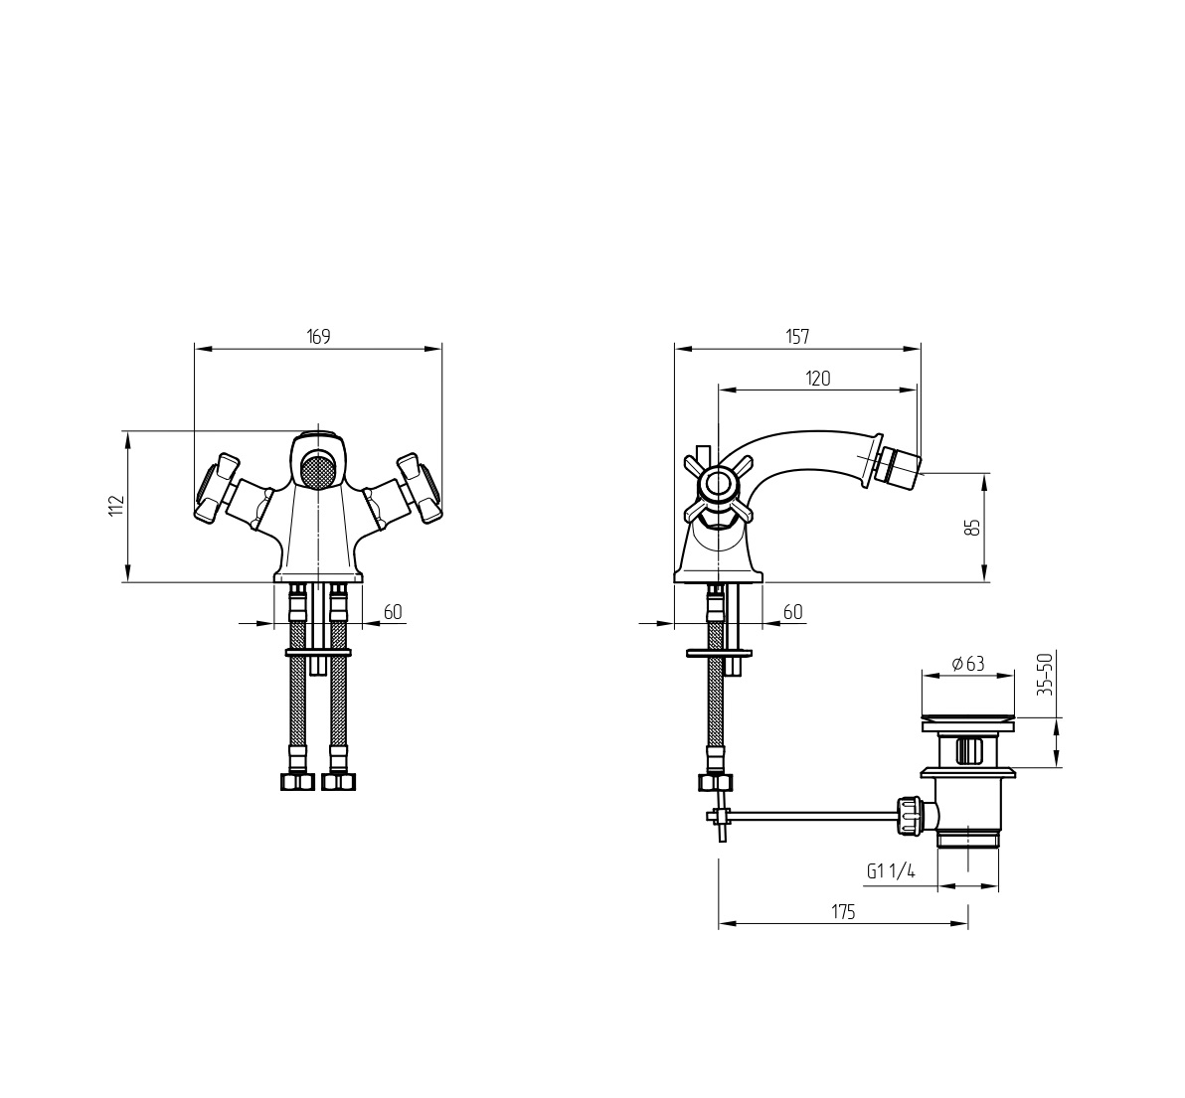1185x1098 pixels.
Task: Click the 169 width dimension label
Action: pos(319,336)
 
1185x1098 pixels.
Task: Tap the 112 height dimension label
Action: pos(115,506)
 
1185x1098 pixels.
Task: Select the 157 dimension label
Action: pos(798,337)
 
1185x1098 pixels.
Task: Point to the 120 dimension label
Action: pos(818,379)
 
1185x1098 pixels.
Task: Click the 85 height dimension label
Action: pos(974,527)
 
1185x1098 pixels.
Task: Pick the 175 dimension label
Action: pos(843,912)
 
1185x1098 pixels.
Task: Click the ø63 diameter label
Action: pos(968,664)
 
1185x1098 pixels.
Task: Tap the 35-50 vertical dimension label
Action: pos(1045,675)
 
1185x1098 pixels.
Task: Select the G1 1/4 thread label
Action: pos(891,871)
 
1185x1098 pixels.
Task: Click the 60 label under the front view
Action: pos(393,612)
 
